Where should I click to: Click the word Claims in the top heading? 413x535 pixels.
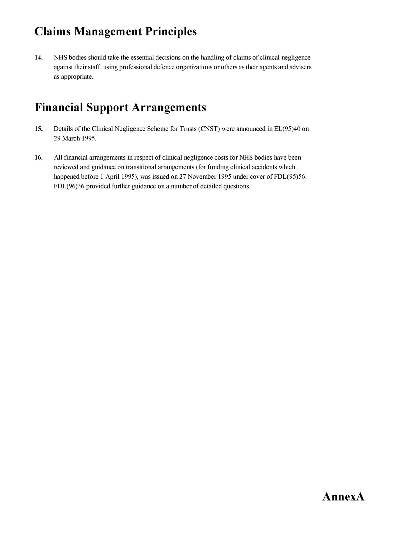tap(52, 32)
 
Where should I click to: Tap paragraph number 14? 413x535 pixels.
tap(38, 57)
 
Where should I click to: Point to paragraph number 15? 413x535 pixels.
tap(38, 129)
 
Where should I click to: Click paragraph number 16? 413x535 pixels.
tap(38, 157)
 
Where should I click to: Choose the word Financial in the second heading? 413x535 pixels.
tap(59, 107)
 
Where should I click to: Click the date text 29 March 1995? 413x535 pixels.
tap(75, 139)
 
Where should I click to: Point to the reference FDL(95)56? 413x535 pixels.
tap(290, 177)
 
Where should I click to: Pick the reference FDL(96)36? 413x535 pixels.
tap(69, 186)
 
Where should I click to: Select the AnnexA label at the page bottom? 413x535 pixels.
tap(343, 497)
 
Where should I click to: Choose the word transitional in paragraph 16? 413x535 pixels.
tap(141, 167)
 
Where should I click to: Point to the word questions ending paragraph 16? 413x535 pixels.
tap(238, 186)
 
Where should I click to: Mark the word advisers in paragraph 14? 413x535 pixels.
tap(300, 67)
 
